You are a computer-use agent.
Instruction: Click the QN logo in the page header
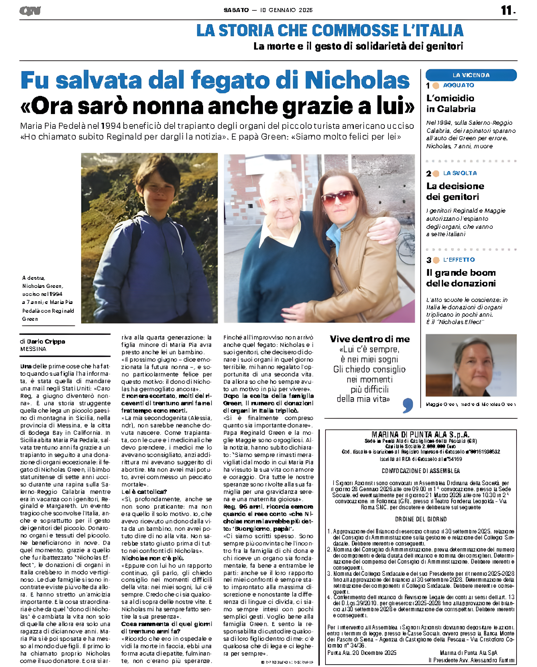coord(30,11)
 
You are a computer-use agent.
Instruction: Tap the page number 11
coord(507,10)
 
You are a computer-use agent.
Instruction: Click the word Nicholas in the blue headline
coord(357,81)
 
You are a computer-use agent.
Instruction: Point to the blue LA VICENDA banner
coord(471,75)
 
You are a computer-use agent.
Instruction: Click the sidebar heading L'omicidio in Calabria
coord(451,103)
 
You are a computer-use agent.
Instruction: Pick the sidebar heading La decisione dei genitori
coord(455,191)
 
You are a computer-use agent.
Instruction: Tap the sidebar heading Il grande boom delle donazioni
coord(461,278)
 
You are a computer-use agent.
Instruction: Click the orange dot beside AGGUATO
coord(436,86)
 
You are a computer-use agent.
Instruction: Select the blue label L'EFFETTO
coord(459,260)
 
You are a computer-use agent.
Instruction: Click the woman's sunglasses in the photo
coord(339,197)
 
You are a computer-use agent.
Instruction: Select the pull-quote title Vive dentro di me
coord(369,339)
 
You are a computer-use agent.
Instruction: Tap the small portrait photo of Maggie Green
coord(471,365)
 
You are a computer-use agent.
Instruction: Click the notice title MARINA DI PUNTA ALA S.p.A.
coord(420,435)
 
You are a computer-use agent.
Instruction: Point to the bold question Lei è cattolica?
coord(144,492)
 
